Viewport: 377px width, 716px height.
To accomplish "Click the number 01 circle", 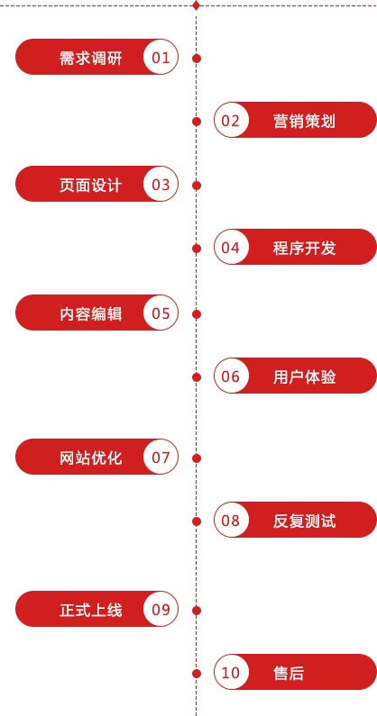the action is pos(161,57).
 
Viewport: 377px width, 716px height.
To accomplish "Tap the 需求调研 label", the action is pos(90,58).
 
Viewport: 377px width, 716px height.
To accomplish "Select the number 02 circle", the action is pos(231,120).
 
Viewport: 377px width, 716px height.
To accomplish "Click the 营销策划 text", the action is pos(304,122).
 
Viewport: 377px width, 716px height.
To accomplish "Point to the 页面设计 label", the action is pos(90,185).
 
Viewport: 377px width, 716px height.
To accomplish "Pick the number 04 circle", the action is pos(231,247).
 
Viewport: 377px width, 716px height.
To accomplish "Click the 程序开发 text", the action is pos(304,249).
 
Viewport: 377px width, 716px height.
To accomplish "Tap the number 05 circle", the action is pos(161,313).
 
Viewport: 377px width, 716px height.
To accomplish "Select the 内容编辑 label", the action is pos(90,314).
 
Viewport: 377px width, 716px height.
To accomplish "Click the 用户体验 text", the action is pos(304,377).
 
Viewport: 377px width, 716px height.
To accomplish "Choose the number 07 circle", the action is pos(161,458).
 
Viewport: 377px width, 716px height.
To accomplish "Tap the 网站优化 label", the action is pos(90,458).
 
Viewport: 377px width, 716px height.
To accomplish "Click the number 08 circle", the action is pos(231,520).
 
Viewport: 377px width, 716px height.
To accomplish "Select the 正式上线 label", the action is pos(90,610).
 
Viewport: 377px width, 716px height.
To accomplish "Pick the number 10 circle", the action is pos(231,672).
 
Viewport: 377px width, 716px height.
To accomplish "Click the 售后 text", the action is pos(289,673).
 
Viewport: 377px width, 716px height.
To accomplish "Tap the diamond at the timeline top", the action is pos(197,5).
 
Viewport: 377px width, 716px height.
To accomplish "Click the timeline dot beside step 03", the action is pos(197,186).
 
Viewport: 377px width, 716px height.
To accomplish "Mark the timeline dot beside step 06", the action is pos(197,377).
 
